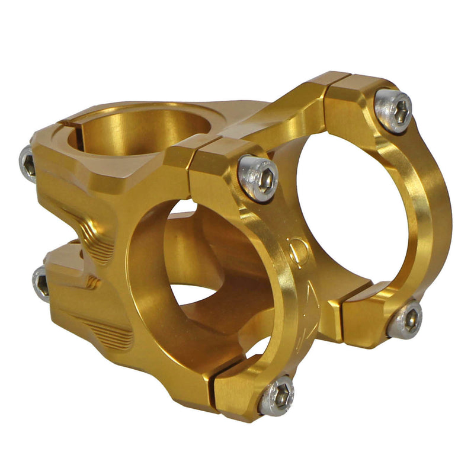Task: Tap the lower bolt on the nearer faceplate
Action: [277, 395]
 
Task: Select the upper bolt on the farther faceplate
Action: [393, 110]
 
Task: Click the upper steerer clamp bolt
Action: [28, 163]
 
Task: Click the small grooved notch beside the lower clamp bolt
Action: [92, 283]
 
